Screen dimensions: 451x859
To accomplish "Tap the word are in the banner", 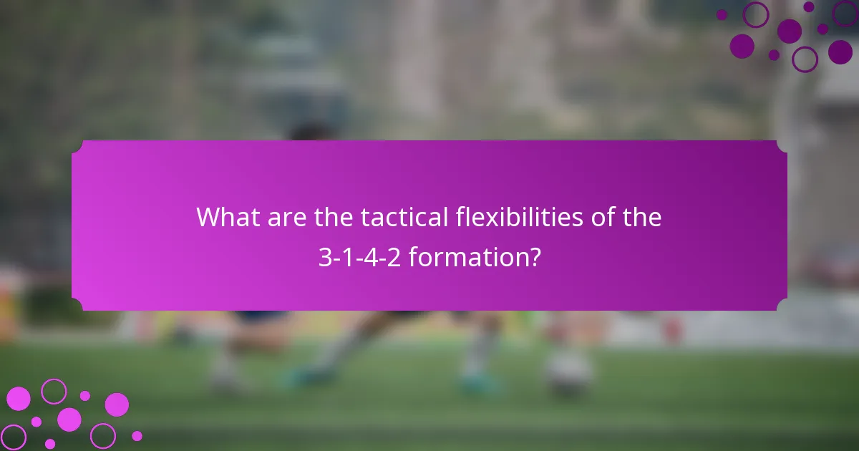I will pos(286,217).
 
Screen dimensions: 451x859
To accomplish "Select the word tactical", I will pos(403,217).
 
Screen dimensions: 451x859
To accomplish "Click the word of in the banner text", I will pos(605,217).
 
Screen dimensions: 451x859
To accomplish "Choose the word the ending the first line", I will pos(642,217).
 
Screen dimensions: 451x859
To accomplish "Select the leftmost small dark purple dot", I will pos(722,14).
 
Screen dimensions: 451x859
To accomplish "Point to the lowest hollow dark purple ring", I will pos(805,59).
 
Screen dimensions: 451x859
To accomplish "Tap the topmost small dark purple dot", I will pos(809,6).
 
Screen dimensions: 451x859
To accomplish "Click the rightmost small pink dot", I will pos(137,435).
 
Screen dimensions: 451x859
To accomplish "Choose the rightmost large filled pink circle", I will pos(117,404).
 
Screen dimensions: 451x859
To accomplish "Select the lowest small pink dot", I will pos(50,444).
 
